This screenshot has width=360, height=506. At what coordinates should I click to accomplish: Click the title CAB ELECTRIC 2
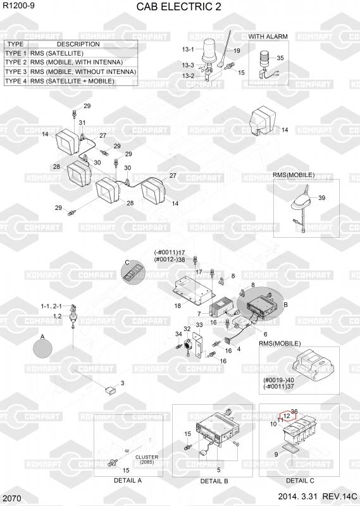[x=178, y=6]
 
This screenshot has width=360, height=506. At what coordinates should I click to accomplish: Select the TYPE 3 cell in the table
[x=16, y=71]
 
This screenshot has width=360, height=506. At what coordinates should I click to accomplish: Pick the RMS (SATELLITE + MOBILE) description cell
[x=72, y=81]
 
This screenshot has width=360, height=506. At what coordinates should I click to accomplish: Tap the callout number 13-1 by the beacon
[x=187, y=49]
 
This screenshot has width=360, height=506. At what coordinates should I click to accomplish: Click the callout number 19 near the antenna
[x=237, y=51]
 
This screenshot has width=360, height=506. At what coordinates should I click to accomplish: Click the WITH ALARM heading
[x=268, y=37]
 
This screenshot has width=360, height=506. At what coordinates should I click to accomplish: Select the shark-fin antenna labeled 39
[x=302, y=200]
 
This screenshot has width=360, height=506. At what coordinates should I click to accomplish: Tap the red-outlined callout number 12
[x=287, y=416]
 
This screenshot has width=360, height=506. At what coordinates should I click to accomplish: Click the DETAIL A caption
[x=128, y=480]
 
